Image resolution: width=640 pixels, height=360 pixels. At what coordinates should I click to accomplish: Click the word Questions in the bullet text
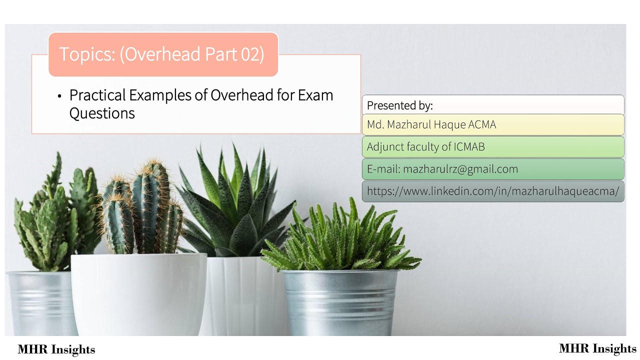102,113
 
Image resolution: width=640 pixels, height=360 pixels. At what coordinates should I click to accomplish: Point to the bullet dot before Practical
59,96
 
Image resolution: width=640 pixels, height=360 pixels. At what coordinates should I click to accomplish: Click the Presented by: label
399,105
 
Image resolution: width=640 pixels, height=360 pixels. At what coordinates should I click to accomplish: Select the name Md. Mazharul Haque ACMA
431,124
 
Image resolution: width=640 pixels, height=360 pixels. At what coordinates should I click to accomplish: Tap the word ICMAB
469,147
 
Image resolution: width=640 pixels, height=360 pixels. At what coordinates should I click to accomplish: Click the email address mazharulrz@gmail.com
460,169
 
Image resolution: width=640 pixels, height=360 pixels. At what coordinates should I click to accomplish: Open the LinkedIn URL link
492,191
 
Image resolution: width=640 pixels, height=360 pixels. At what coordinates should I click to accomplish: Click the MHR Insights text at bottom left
56,349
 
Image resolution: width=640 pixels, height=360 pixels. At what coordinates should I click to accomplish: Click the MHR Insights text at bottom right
597,348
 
